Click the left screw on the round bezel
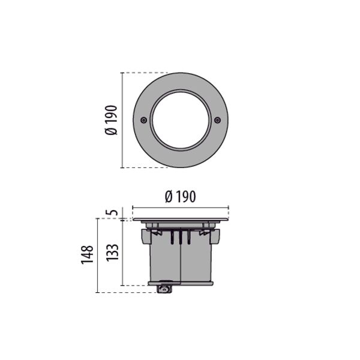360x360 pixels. [144, 120]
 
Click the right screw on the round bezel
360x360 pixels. [217, 120]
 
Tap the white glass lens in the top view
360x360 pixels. [181, 120]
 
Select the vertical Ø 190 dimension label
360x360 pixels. [111, 120]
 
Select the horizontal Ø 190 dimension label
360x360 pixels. [181, 197]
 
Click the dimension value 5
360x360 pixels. [113, 212]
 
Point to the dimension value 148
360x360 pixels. [87, 255]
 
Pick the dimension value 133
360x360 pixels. [112, 252]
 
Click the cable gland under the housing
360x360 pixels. [164, 289]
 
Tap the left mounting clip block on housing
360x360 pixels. [146, 236]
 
